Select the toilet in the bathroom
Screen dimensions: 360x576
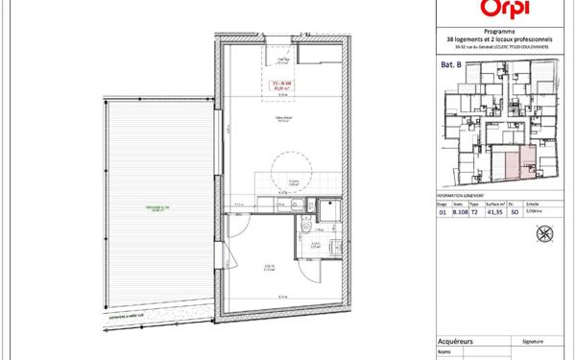(304, 224)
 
